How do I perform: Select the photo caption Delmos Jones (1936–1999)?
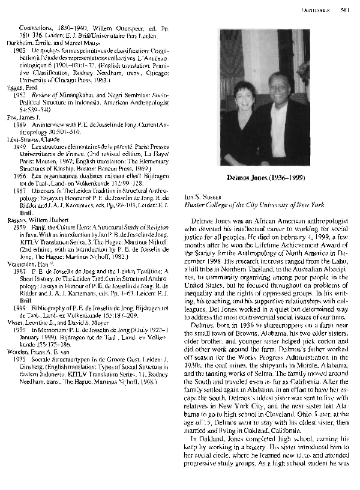263,178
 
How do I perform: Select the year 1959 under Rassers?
19,227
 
